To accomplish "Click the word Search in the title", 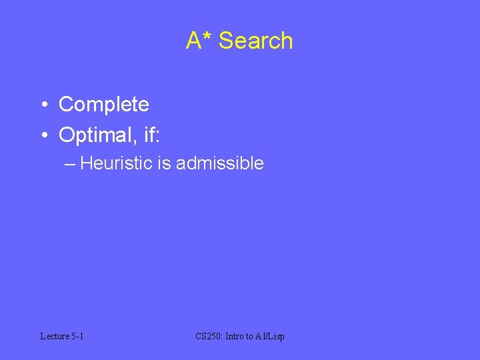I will [256, 41].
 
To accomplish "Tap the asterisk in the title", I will [208, 36].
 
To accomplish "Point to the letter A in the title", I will [194, 41].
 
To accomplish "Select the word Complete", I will [103, 105].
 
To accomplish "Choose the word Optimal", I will [93, 135].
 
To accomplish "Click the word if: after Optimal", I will [148, 135].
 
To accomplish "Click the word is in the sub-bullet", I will [164, 163].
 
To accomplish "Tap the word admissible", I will [219, 163].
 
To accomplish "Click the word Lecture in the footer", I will [54, 337].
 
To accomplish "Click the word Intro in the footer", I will [235, 337].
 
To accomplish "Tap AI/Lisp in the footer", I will [271, 337].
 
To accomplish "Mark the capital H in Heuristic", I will [86, 163].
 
